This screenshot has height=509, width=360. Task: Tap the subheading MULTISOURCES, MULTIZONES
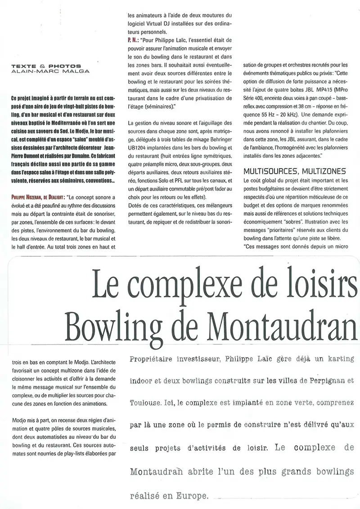click(x=294, y=171)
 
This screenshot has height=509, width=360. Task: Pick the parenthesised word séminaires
click(x=155, y=106)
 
